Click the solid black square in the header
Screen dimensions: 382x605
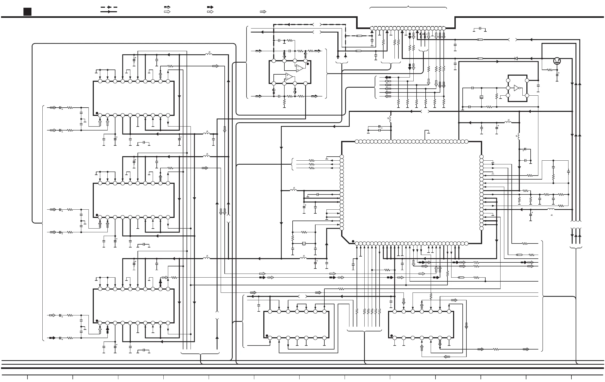[x=27, y=12]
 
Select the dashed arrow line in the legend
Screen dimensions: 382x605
[x=108, y=7]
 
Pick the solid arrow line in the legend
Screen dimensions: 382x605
[x=108, y=12]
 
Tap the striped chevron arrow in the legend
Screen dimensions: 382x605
[x=263, y=12]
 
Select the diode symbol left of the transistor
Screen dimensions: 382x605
[x=516, y=58]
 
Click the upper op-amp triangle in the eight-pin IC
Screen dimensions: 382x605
[x=299, y=68]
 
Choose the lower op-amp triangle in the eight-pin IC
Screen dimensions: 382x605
[x=289, y=77]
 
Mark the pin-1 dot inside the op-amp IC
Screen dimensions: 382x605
[x=308, y=64]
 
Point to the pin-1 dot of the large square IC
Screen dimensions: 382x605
[x=353, y=241]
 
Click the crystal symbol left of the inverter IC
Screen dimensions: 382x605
[x=481, y=97]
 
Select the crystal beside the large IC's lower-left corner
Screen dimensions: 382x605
[x=304, y=243]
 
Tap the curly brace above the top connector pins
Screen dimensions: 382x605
[x=408, y=7]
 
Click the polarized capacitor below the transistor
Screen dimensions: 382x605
[x=557, y=75]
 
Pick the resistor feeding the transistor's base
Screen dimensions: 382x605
[x=550, y=70]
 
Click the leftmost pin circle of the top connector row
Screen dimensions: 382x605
[x=372, y=28]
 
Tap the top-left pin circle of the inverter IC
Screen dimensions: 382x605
[x=508, y=80]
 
